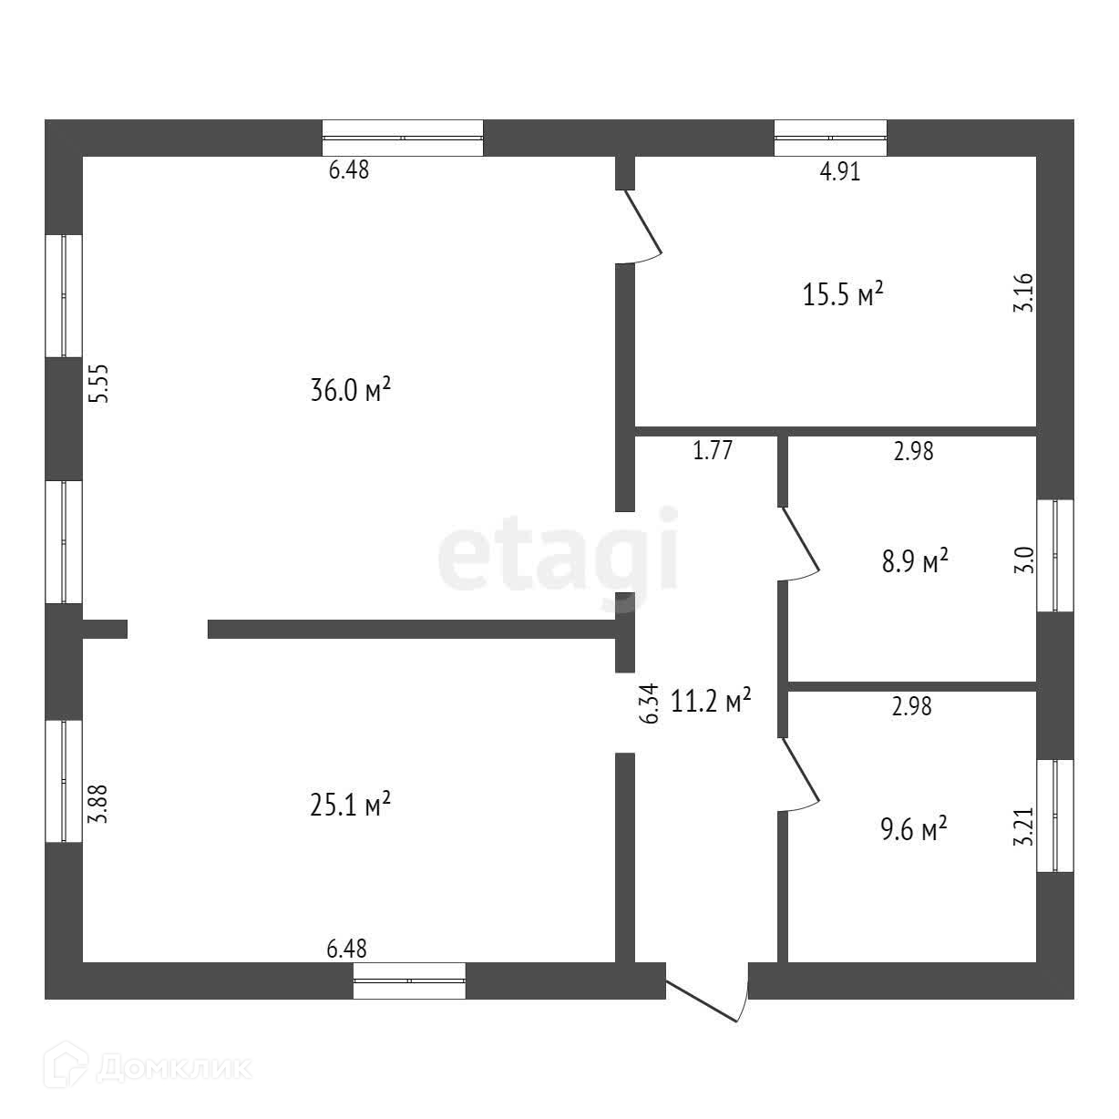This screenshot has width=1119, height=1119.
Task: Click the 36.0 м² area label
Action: (x=351, y=391)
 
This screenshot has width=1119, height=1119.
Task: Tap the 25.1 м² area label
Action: (x=351, y=805)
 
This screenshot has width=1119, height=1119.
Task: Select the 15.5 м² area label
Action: (x=844, y=294)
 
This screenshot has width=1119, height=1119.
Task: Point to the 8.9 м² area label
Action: (x=914, y=560)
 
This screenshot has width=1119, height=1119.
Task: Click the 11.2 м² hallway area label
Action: (x=711, y=701)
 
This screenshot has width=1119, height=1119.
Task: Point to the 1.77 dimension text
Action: (x=713, y=450)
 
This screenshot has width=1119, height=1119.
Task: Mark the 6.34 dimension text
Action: (x=649, y=704)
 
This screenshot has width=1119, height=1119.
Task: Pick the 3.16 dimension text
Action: (x=1024, y=293)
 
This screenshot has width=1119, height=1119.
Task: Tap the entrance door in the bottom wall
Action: (x=709, y=995)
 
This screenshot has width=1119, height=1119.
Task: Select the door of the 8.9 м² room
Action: (x=800, y=543)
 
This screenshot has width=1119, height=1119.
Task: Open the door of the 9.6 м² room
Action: (x=800, y=774)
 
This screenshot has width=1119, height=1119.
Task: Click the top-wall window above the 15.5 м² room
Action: (x=830, y=138)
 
